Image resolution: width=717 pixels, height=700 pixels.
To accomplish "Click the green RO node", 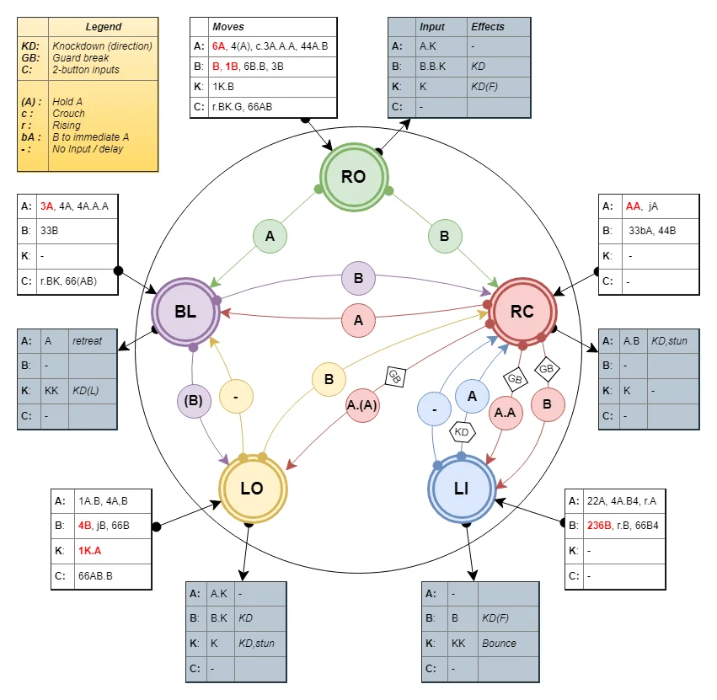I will click(353, 177).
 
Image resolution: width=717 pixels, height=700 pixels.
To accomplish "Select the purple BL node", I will click(185, 312).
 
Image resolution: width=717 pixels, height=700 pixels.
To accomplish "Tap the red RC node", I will click(522, 312).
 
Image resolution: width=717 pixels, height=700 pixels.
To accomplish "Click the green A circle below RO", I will click(270, 237).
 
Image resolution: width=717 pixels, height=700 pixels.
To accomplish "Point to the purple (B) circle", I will click(194, 401).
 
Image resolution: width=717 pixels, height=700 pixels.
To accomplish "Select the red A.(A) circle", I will click(362, 403).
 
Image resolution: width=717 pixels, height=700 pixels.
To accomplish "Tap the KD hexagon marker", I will click(462, 431).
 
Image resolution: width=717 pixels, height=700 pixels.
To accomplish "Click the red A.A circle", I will click(506, 413).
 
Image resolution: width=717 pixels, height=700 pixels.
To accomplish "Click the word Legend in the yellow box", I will click(104, 27).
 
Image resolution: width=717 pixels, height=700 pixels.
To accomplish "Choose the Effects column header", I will click(488, 27).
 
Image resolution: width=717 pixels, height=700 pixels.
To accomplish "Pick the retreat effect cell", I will click(88, 341).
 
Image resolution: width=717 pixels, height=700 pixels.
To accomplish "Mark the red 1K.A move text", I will click(91, 550).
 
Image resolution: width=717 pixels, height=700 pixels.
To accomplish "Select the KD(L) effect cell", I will click(87, 392).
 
